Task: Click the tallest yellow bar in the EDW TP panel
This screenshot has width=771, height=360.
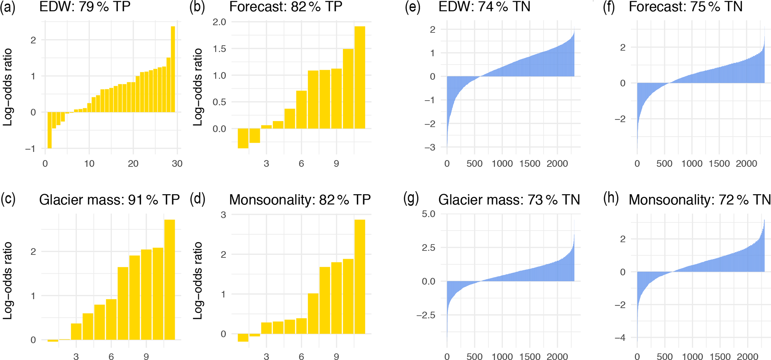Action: pyautogui.click(x=173, y=69)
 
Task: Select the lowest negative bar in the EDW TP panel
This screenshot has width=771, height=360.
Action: pyautogui.click(x=50, y=130)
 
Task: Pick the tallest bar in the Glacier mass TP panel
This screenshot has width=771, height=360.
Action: pyautogui.click(x=170, y=280)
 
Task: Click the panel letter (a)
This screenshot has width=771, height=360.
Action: pyautogui.click(x=8, y=7)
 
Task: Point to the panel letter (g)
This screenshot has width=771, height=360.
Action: pyautogui.click(x=411, y=199)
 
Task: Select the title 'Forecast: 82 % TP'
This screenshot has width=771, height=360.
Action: pyautogui.click(x=286, y=7)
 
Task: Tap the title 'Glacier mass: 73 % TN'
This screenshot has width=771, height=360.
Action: pyautogui.click(x=509, y=200)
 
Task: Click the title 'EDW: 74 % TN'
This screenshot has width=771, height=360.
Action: pyautogui.click(x=484, y=7)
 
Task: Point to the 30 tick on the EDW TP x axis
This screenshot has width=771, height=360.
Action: pyautogui.click(x=177, y=164)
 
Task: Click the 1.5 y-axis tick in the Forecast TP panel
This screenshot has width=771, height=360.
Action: pyautogui.click(x=219, y=49)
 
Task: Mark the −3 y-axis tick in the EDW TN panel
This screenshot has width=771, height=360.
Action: pyautogui.click(x=430, y=148)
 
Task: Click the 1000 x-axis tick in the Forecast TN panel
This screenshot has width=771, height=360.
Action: pyautogui.click(x=692, y=164)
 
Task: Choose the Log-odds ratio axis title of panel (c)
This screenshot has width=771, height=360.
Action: pyautogui.click(x=8, y=280)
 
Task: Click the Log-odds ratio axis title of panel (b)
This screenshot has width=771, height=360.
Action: pyautogui.click(x=198, y=87)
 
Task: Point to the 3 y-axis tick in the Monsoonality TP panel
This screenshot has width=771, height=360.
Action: pyautogui.click(x=223, y=215)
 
